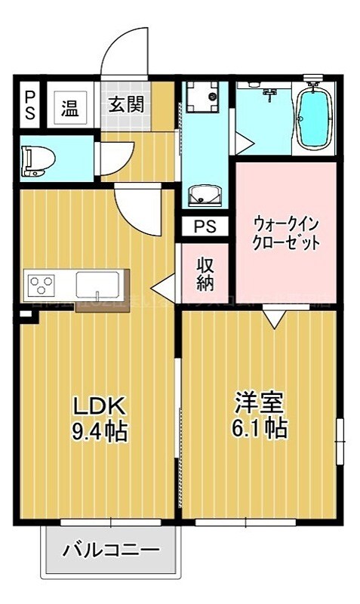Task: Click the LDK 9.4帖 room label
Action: click(x=99, y=419)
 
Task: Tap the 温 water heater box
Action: click(x=70, y=107)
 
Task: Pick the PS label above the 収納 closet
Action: click(x=205, y=226)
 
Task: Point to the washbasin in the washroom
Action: click(x=205, y=195)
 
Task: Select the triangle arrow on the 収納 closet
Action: click(x=162, y=286)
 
